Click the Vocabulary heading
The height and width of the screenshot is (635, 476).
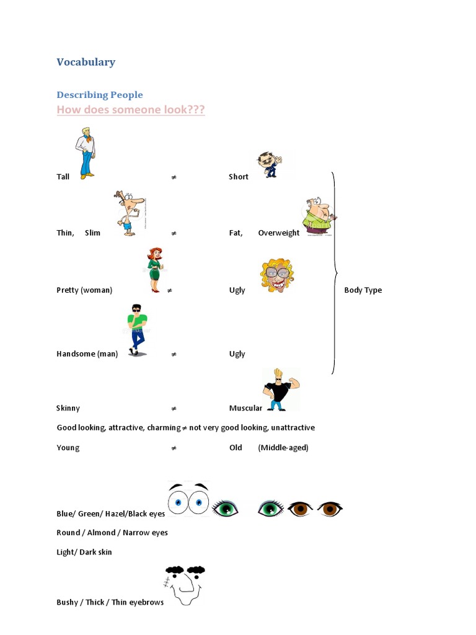(x=86, y=62)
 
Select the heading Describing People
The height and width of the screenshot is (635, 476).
(x=100, y=95)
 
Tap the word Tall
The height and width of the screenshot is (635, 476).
(x=63, y=177)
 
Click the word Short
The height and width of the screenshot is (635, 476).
(x=239, y=177)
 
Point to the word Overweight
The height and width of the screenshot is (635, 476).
(x=279, y=233)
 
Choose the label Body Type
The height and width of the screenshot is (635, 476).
(x=363, y=290)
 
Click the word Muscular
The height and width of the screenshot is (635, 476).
(x=246, y=408)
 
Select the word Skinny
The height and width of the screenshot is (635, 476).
(x=68, y=408)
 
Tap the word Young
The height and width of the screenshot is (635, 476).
(x=68, y=448)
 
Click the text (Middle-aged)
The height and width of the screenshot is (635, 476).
(x=283, y=448)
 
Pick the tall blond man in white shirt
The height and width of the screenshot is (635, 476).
(x=86, y=153)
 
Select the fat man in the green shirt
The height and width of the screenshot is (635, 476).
(x=319, y=217)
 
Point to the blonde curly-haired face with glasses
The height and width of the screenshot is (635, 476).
(x=276, y=275)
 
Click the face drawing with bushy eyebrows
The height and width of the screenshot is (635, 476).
(x=185, y=585)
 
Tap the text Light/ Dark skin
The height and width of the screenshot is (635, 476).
(x=84, y=552)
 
